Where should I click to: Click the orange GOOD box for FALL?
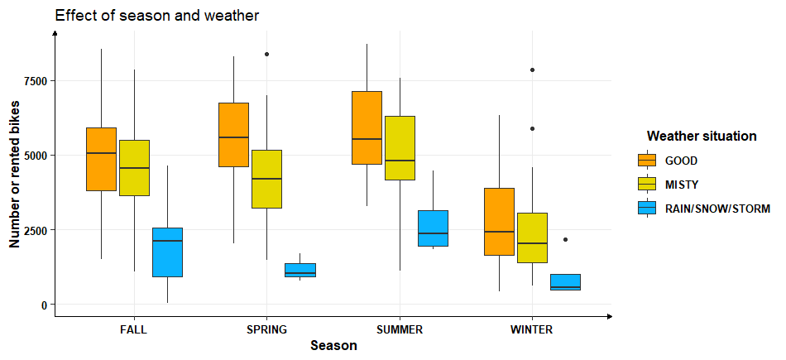(101, 159)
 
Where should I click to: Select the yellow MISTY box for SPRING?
(266, 179)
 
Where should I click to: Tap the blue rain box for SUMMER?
(433, 228)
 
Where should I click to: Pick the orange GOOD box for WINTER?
(499, 221)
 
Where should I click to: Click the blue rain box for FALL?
(167, 252)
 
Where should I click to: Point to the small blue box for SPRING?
(300, 270)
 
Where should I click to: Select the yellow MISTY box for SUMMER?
(400, 147)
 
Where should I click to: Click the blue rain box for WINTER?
(565, 281)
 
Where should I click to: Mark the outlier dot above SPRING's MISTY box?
(266, 54)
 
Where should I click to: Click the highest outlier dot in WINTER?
(532, 70)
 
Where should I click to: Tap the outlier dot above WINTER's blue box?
(565, 239)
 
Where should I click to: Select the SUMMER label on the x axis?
(400, 329)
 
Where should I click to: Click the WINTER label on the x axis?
(532, 329)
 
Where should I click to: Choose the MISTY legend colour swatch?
(646, 184)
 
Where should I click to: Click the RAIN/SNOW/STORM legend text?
(717, 209)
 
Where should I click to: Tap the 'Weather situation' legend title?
(702, 136)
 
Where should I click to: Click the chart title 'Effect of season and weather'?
(157, 15)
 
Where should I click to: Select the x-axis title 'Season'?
(333, 346)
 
